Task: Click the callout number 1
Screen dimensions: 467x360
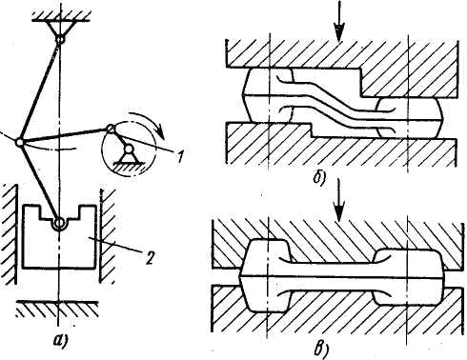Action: pyautogui.click(x=180, y=156)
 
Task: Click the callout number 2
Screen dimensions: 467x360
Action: pyautogui.click(x=150, y=257)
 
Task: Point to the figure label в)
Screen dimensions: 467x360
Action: pyautogui.click(x=320, y=349)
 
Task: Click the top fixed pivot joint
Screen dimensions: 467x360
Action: pyautogui.click(x=60, y=40)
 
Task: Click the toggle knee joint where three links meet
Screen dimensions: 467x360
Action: pyautogui.click(x=19, y=143)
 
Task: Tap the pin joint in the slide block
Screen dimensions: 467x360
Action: pyautogui.click(x=58, y=224)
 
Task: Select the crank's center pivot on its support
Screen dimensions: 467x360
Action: pyautogui.click(x=129, y=149)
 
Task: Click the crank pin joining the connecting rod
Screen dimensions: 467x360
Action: pyautogui.click(x=111, y=128)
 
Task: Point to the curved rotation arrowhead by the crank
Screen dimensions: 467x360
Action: pyautogui.click(x=160, y=132)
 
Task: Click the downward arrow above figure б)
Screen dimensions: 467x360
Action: pyautogui.click(x=339, y=21)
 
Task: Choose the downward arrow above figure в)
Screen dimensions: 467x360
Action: pyautogui.click(x=339, y=200)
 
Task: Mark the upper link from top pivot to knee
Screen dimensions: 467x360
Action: pyautogui.click(x=39, y=91)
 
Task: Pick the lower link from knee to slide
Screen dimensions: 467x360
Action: pyautogui.click(x=38, y=183)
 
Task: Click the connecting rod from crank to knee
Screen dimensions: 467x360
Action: pyautogui.click(x=65, y=135)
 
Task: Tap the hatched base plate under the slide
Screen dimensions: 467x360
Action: pyautogui.click(x=57, y=308)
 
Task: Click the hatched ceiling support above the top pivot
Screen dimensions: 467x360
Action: pyautogui.click(x=62, y=15)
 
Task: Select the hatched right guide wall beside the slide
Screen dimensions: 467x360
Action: pyautogui.click(x=108, y=235)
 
